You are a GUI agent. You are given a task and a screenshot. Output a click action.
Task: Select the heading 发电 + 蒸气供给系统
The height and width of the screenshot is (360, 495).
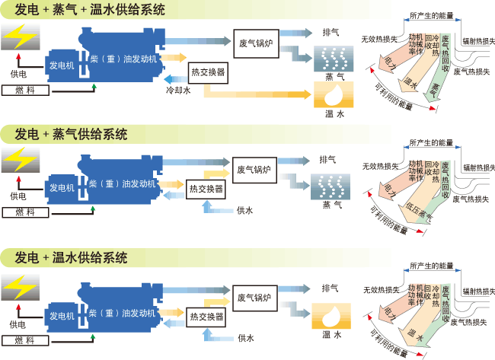click(x=72, y=134)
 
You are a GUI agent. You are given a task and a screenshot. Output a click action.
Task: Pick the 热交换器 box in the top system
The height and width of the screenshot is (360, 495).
click(x=208, y=72)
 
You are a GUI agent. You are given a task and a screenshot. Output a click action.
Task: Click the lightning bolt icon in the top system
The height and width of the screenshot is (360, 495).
click(x=18, y=37)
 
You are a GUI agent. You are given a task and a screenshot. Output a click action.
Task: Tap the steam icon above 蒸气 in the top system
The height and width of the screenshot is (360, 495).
click(x=334, y=56)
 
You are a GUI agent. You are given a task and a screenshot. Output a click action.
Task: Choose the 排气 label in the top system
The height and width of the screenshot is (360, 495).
click(x=331, y=32)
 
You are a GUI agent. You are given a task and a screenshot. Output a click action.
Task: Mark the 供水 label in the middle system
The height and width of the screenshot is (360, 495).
click(x=244, y=209)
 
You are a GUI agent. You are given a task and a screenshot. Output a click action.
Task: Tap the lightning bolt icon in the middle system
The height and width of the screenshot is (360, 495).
click(x=18, y=161)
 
